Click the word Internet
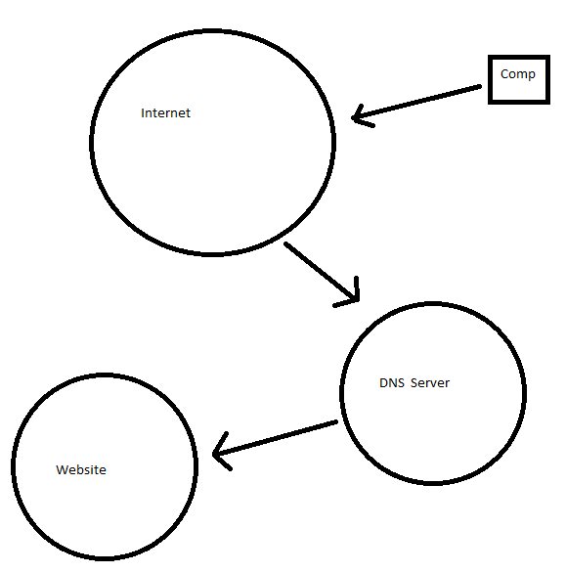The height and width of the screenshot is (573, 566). pos(165,112)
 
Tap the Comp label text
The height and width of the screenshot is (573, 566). pos(518,74)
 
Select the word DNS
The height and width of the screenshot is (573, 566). pos(392,383)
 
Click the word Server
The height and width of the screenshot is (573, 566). pos(430,383)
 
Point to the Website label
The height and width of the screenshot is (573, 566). pos(81,469)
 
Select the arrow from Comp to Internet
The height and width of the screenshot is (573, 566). pos(416,102)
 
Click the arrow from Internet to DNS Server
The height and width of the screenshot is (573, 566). pos(322,272)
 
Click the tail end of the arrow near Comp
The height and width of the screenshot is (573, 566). pos(480,86)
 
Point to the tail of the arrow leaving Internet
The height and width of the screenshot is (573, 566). pos(285,243)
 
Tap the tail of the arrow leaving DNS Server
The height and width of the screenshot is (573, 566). pos(336,421)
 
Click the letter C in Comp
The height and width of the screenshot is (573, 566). pos(504,73)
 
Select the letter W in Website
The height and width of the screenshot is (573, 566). pos(63,469)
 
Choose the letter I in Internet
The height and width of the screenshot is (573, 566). pos(143,112)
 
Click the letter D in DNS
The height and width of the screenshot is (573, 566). pos(383,383)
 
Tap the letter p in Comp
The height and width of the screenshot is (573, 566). pos(532,75)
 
